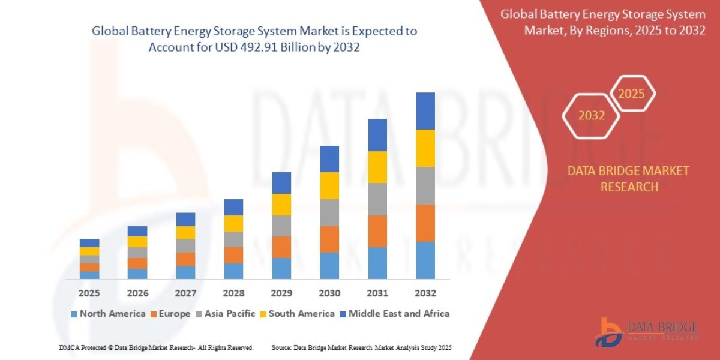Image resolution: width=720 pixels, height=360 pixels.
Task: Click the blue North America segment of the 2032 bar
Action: point(425,260)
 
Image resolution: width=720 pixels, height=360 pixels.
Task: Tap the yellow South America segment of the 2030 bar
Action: point(329,185)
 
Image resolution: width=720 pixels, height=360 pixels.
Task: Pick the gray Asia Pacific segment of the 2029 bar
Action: point(281,226)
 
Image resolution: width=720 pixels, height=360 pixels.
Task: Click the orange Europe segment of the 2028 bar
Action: point(233,255)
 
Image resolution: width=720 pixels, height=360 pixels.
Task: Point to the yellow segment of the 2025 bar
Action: point(89,251)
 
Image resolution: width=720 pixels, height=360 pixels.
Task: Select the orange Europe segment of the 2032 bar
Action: point(425,223)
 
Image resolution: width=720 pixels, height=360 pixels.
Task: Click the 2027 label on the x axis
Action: point(185,293)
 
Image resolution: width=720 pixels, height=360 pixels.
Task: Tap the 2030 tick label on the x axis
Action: point(329,293)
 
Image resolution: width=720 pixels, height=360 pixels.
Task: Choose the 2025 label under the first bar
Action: point(89,293)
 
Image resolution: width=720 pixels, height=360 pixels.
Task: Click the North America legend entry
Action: point(108,313)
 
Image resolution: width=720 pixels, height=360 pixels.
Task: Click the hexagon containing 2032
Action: point(591,116)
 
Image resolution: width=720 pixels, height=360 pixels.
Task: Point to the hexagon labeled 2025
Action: point(632,94)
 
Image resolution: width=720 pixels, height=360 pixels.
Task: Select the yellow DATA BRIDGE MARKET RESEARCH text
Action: point(628,179)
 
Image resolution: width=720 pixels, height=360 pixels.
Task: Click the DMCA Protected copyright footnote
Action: point(156,347)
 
